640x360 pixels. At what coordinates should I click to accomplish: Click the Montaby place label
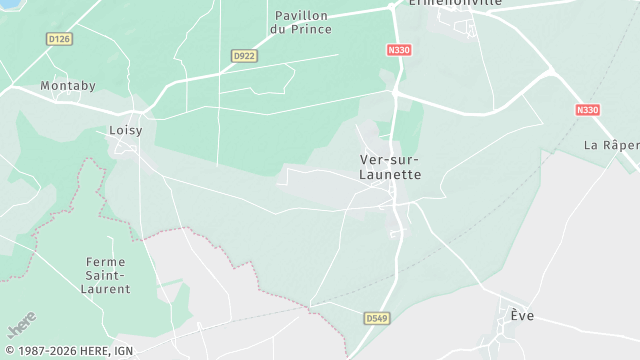click(67, 86)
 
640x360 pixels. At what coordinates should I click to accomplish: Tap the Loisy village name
click(125, 130)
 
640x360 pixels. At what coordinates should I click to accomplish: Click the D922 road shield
click(244, 56)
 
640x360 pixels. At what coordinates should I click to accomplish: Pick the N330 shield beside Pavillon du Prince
click(399, 49)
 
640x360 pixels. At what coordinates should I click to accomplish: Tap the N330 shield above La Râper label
click(587, 109)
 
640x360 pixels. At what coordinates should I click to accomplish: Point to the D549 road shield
click(375, 318)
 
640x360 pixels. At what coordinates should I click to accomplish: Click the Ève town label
click(522, 316)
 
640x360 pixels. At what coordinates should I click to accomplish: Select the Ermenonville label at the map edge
click(455, 4)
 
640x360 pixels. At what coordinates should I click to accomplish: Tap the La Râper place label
click(612, 145)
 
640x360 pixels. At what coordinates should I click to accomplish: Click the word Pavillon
click(301, 16)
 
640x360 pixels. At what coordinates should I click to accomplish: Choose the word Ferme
click(106, 262)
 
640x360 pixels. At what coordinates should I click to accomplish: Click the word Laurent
click(106, 289)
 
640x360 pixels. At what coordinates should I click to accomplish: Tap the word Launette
click(390, 174)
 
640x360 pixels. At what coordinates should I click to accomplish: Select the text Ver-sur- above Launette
click(390, 160)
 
